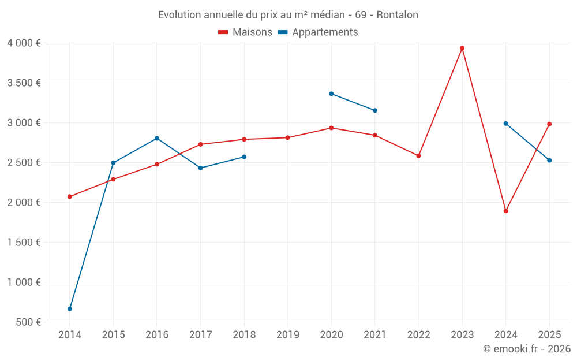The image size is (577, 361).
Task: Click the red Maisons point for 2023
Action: click(x=462, y=49)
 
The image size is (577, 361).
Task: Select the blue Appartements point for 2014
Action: click(x=70, y=309)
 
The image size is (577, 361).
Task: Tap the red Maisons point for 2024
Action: click(x=506, y=211)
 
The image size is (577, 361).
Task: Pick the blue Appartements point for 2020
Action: click(x=331, y=94)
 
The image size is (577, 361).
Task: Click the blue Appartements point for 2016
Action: click(x=157, y=139)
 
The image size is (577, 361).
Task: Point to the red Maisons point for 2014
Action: click(x=70, y=196)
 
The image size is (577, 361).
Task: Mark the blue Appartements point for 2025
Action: click(x=549, y=161)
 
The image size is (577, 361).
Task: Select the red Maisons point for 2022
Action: click(x=419, y=156)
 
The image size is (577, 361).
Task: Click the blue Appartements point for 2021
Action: click(x=375, y=110)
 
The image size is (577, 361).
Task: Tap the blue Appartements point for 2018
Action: click(x=244, y=157)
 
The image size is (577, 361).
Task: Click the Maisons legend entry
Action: click(x=245, y=32)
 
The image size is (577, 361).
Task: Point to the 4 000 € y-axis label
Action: click(x=24, y=43)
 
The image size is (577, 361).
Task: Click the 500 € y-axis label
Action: click(x=28, y=322)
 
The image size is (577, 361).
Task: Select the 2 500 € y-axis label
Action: click(x=24, y=163)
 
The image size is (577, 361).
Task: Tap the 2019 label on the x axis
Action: click(x=288, y=335)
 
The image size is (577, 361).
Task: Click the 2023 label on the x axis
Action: click(x=462, y=335)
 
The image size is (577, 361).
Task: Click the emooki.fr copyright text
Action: click(x=527, y=349)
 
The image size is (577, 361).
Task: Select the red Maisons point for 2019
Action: click(x=288, y=137)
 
